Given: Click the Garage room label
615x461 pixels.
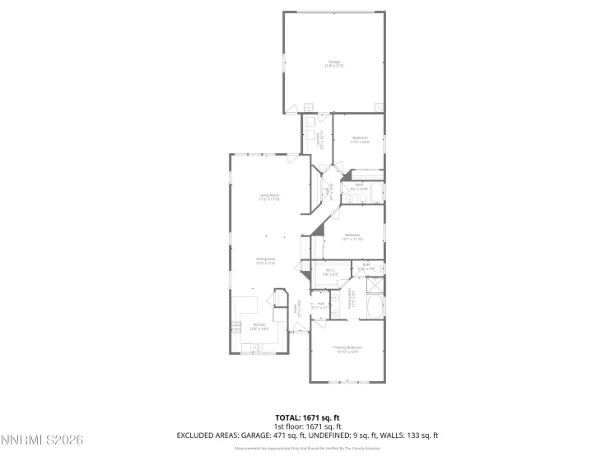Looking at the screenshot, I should tap(334, 62).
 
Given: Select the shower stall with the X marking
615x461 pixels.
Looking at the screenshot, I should tap(375, 286).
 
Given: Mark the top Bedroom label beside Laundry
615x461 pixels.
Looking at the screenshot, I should tap(360, 138).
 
